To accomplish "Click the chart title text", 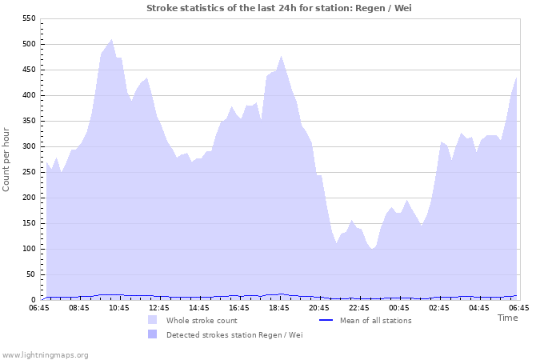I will (x=279, y=8).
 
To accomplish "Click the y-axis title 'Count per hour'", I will (x=7, y=158).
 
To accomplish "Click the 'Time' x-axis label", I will (x=507, y=318).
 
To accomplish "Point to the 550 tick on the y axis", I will (x=28, y=18).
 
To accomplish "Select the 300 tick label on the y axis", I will (x=28, y=146).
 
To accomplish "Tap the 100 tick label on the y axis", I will (x=28, y=249).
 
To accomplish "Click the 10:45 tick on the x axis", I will (x=119, y=307).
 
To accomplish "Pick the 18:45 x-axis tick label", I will (x=279, y=307).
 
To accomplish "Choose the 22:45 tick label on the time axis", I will (x=359, y=307).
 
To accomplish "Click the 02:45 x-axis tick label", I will (x=439, y=307).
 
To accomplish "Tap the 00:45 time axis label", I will (x=399, y=307).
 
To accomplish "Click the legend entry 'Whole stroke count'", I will (x=200, y=321).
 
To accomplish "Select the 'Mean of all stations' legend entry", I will (x=375, y=321).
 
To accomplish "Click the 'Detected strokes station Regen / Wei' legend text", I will (x=234, y=335).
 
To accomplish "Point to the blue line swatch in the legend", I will (x=326, y=321).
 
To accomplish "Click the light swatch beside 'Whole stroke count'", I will (x=152, y=320).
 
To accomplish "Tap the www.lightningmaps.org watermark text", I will (x=45, y=354).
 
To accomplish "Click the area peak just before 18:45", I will (x=281, y=56).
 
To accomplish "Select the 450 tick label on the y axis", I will (x=28, y=70).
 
